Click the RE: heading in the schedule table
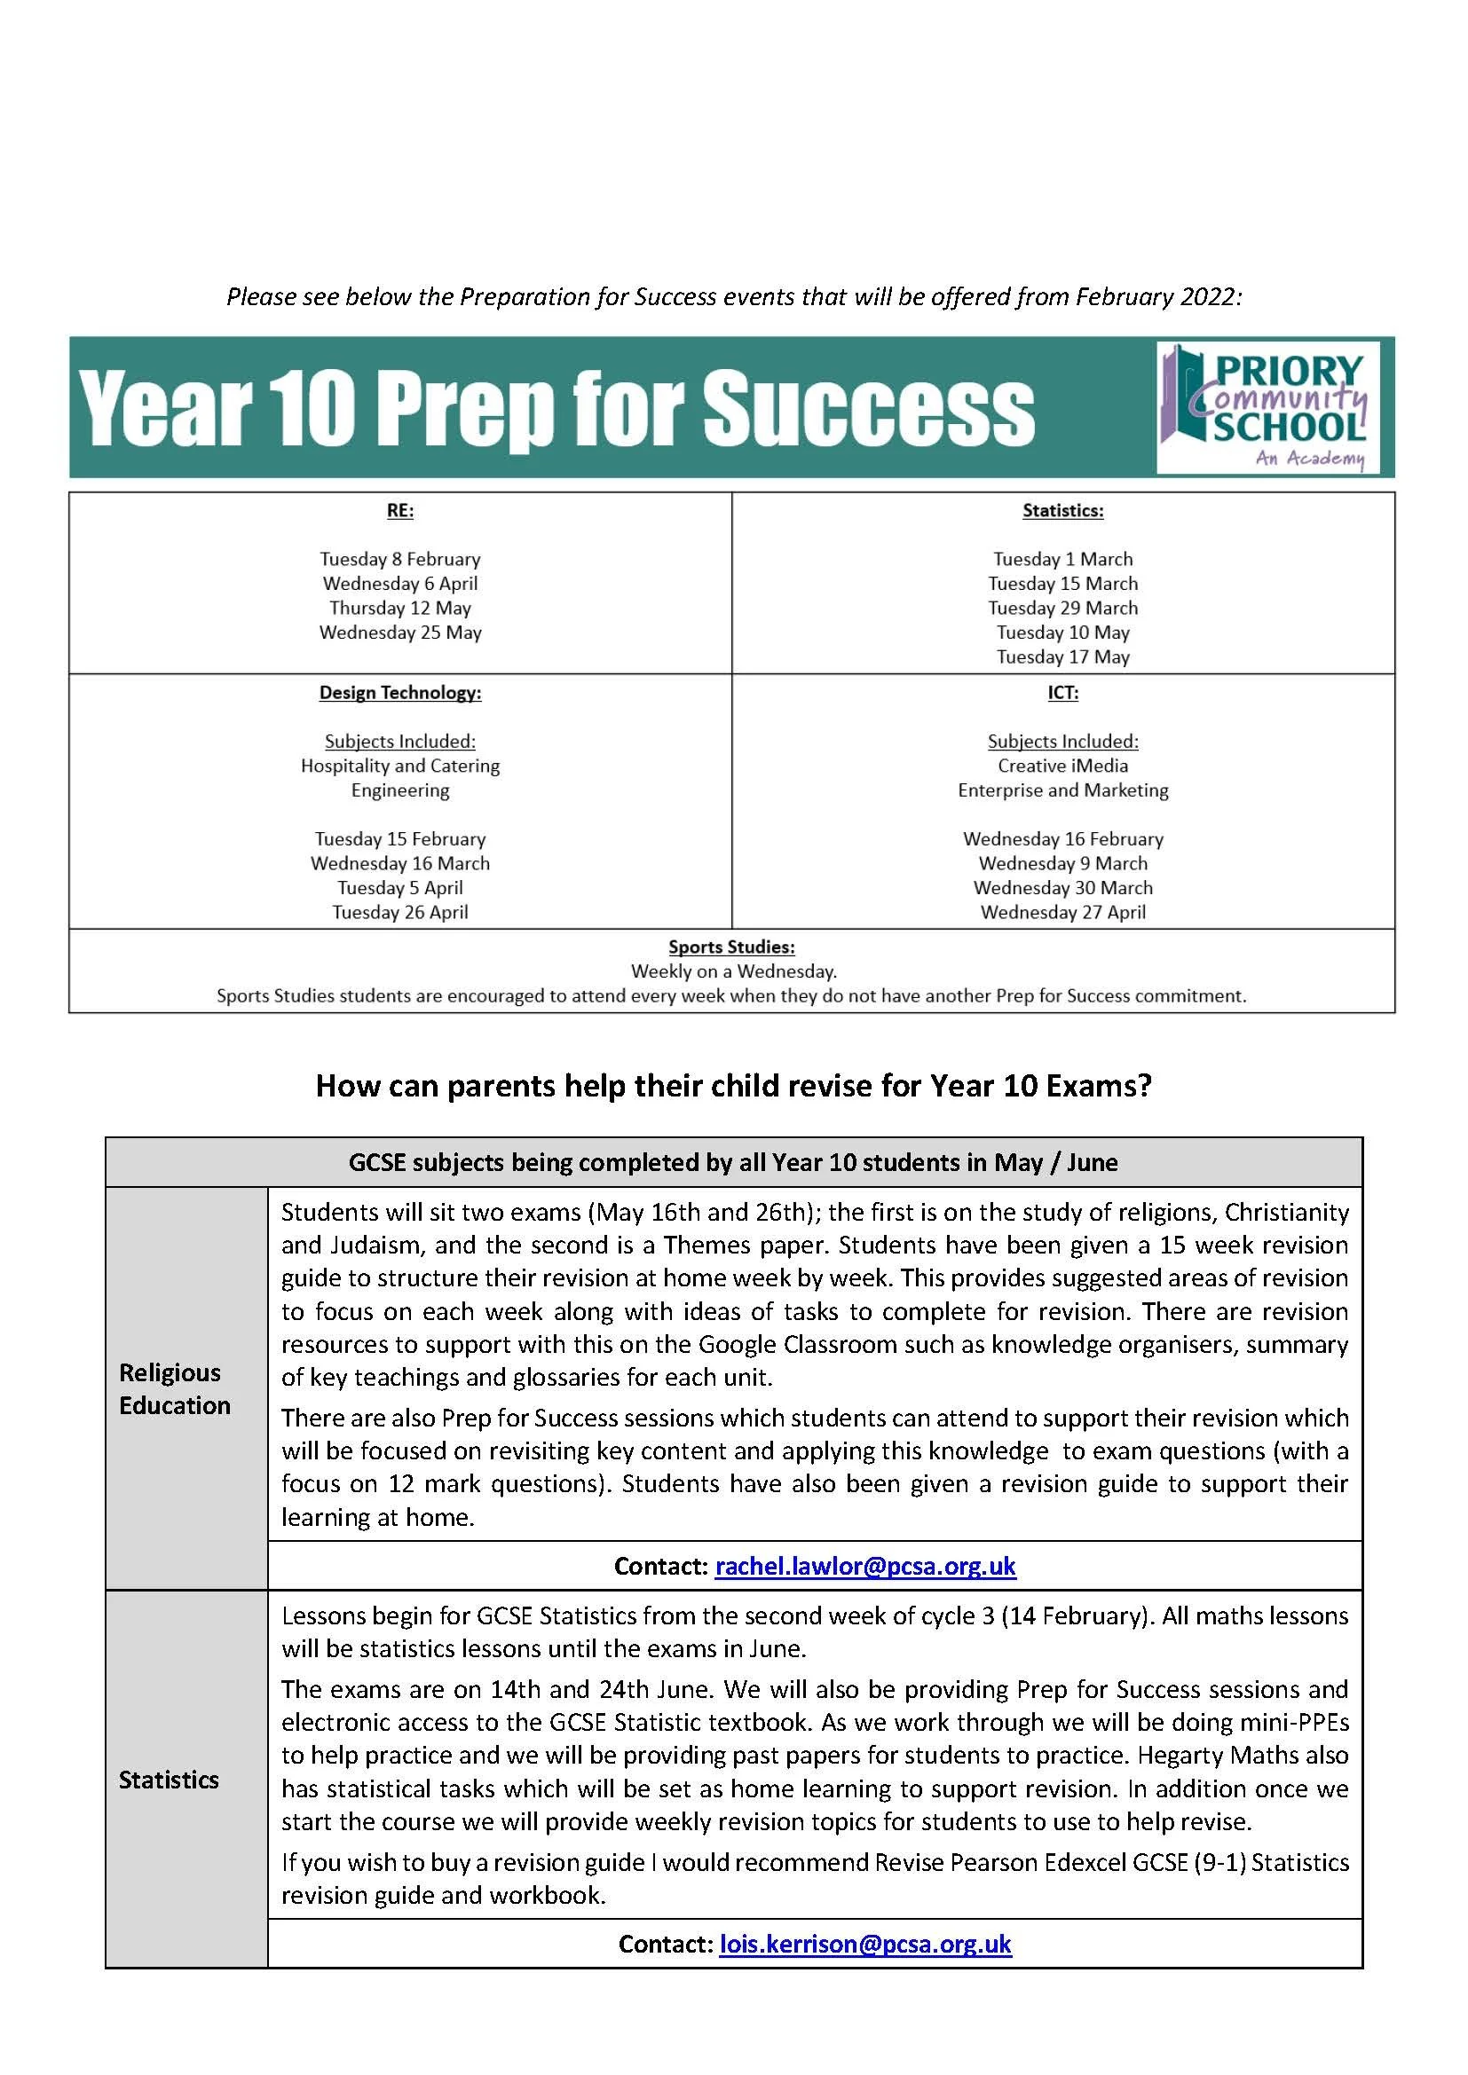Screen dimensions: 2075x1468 (399, 511)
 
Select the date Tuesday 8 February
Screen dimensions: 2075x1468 (399, 560)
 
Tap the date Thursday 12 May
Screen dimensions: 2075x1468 (399, 609)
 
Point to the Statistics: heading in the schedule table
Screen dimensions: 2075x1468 (1062, 511)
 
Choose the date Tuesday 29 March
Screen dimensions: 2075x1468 (1062, 609)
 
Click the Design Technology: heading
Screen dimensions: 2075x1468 (399, 693)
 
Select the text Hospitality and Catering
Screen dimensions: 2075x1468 (399, 766)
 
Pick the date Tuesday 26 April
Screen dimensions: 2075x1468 (399, 913)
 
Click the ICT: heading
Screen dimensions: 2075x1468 (1062, 693)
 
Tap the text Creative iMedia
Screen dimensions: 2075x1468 (1062, 766)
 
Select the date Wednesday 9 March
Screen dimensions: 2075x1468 (1062, 864)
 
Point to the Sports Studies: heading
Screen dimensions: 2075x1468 (731, 947)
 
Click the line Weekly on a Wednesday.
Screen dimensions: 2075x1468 (733, 971)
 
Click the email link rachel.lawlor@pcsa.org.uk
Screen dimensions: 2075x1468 (865, 1566)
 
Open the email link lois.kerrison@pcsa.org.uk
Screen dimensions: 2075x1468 (865, 1944)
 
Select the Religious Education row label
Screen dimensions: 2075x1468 (175, 1389)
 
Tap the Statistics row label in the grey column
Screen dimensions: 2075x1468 (169, 1780)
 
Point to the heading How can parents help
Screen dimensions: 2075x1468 (733, 1085)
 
